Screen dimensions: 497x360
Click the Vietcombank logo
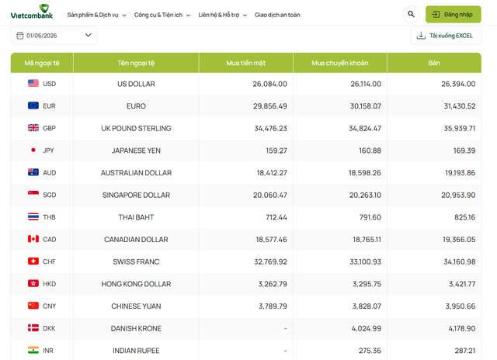point(32,12)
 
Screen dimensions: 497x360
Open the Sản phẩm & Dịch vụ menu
point(96,15)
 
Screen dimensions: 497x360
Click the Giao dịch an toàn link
point(277,15)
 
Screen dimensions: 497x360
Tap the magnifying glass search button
point(411,14)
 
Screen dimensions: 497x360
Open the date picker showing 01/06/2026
point(54,36)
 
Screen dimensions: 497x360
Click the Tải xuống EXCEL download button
point(446,36)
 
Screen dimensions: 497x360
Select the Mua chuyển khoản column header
point(340,63)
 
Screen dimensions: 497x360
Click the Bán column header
point(434,63)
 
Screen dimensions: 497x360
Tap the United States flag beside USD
point(33,83)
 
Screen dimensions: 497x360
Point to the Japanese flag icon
point(33,150)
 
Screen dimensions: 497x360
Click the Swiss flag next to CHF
point(33,261)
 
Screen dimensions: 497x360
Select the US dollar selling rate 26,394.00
point(458,84)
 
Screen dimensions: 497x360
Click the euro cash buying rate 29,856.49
point(270,106)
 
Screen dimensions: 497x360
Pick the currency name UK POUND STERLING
point(136,128)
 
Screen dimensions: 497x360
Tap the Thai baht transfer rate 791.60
point(370,217)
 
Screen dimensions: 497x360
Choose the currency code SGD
point(50,195)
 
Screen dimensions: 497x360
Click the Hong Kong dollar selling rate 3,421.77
point(462,284)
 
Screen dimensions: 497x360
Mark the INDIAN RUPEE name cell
point(136,351)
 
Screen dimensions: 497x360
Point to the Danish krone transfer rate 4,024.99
point(367,328)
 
